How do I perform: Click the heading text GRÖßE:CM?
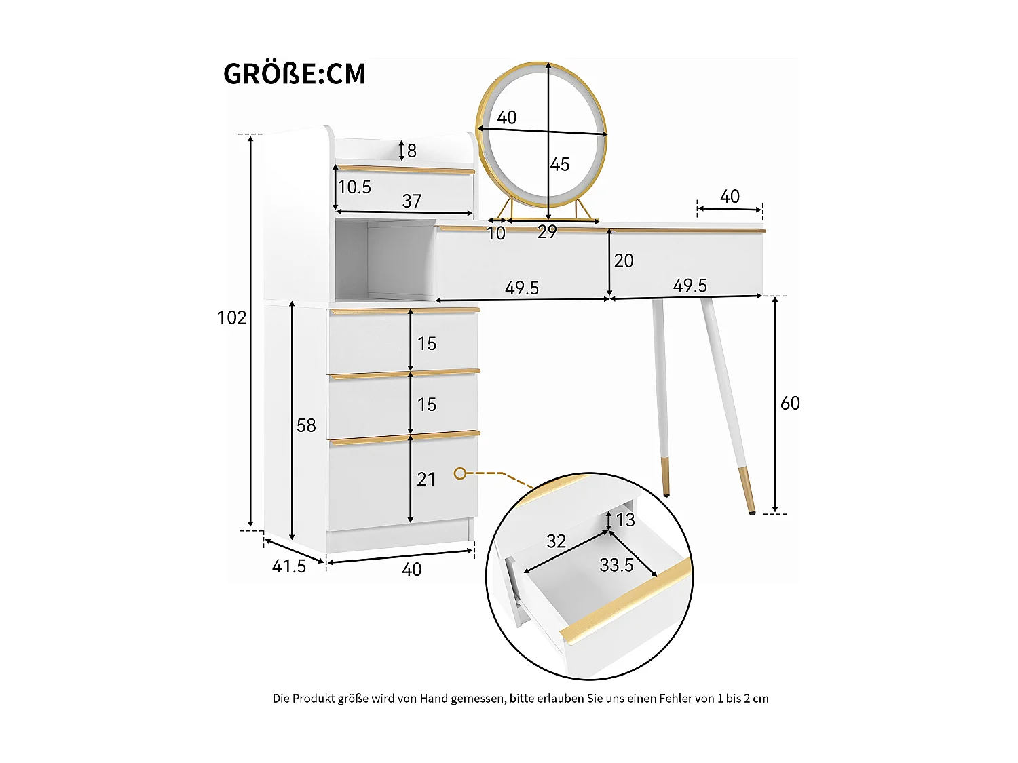pyautogui.click(x=295, y=74)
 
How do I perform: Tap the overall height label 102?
pyautogui.click(x=231, y=317)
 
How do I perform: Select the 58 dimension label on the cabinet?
pyautogui.click(x=306, y=425)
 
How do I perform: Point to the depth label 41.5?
pyautogui.click(x=289, y=566)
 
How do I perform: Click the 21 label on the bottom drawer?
pyautogui.click(x=426, y=480)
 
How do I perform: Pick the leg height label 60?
pyautogui.click(x=790, y=404)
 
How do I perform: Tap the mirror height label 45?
pyautogui.click(x=560, y=164)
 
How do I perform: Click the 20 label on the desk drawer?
pyautogui.click(x=624, y=260)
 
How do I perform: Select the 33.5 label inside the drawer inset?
pyautogui.click(x=616, y=565)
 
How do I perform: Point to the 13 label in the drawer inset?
pyautogui.click(x=626, y=520)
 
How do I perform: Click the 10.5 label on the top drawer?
pyautogui.click(x=355, y=187)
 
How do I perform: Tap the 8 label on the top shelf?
pyautogui.click(x=412, y=151)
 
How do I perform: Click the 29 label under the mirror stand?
pyautogui.click(x=547, y=232)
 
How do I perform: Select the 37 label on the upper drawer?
pyautogui.click(x=412, y=201)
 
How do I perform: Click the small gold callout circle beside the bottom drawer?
pyautogui.click(x=460, y=473)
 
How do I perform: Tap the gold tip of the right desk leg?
pyautogui.click(x=747, y=488)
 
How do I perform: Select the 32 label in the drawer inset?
pyautogui.click(x=556, y=541)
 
